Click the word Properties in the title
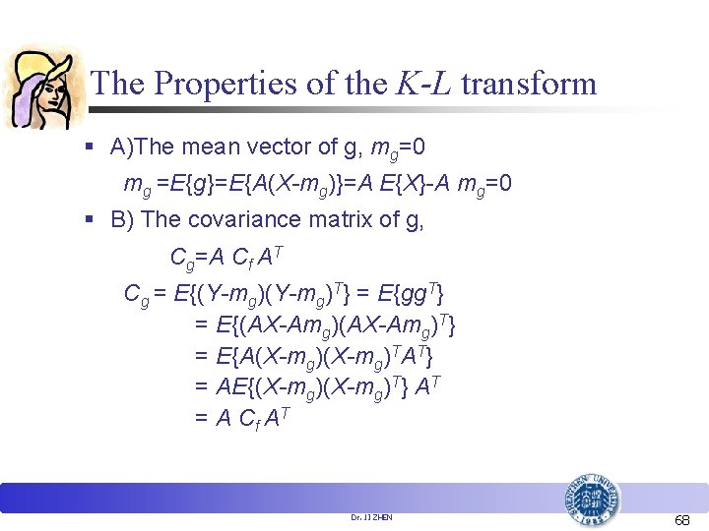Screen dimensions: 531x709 (x=224, y=84)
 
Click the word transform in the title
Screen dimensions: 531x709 (x=529, y=84)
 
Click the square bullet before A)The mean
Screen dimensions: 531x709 (x=90, y=148)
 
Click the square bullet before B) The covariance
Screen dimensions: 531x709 (x=90, y=219)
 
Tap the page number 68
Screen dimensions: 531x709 (x=681, y=518)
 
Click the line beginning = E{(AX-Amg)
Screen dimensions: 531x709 (x=325, y=324)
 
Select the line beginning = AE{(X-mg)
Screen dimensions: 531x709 (x=316, y=386)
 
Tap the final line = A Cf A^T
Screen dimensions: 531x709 (x=241, y=418)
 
